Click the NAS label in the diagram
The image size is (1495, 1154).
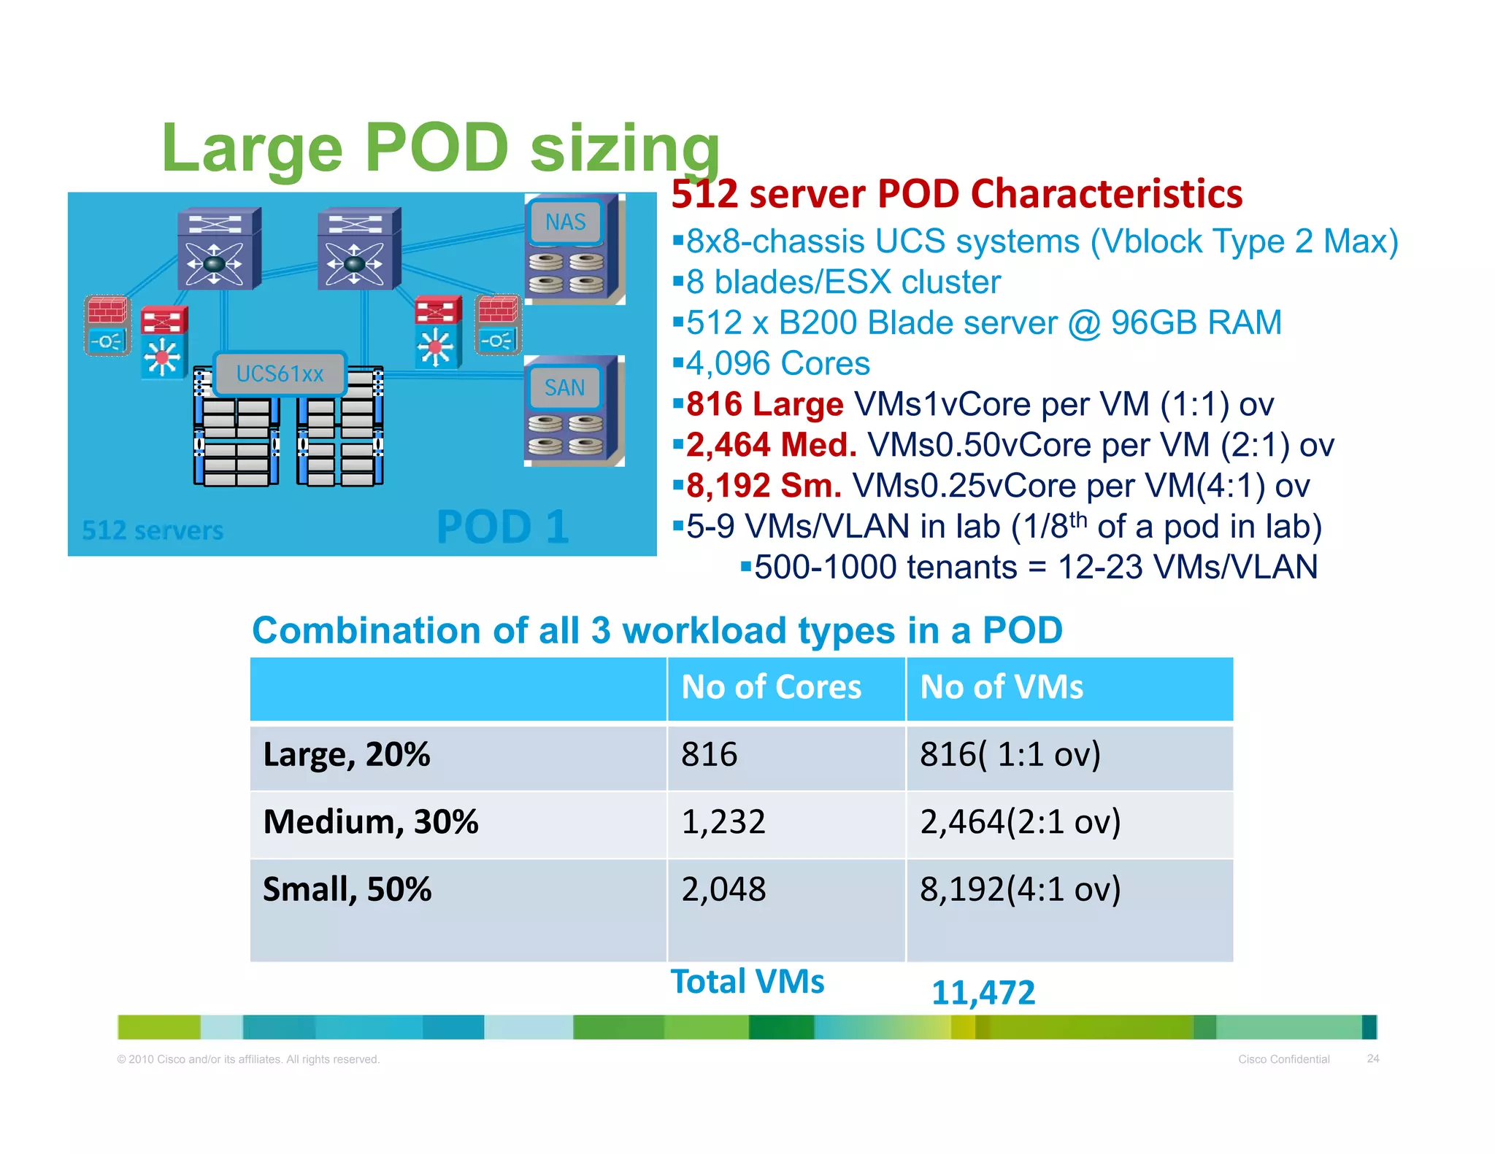tap(566, 222)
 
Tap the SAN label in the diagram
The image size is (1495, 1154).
tap(564, 387)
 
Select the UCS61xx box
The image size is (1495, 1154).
tap(280, 373)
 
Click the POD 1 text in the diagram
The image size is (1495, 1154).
tap(502, 527)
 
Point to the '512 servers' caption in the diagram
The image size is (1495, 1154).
tap(153, 530)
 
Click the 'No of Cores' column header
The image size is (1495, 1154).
tap(771, 687)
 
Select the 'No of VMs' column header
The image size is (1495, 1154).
tap(1002, 687)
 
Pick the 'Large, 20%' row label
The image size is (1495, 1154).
tap(347, 754)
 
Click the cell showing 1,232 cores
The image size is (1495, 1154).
tap(723, 822)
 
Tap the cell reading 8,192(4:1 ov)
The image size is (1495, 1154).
tap(1020, 889)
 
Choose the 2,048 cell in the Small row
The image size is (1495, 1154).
tap(723, 889)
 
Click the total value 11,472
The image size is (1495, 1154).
tap(983, 993)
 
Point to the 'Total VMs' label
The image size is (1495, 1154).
tap(747, 982)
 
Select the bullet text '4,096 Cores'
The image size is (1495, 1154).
tap(778, 363)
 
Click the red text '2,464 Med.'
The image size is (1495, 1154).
tap(771, 445)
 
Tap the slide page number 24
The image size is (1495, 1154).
tap(1373, 1058)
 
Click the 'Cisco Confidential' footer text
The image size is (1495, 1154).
tap(1284, 1059)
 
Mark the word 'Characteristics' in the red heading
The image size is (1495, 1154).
tap(1107, 194)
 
